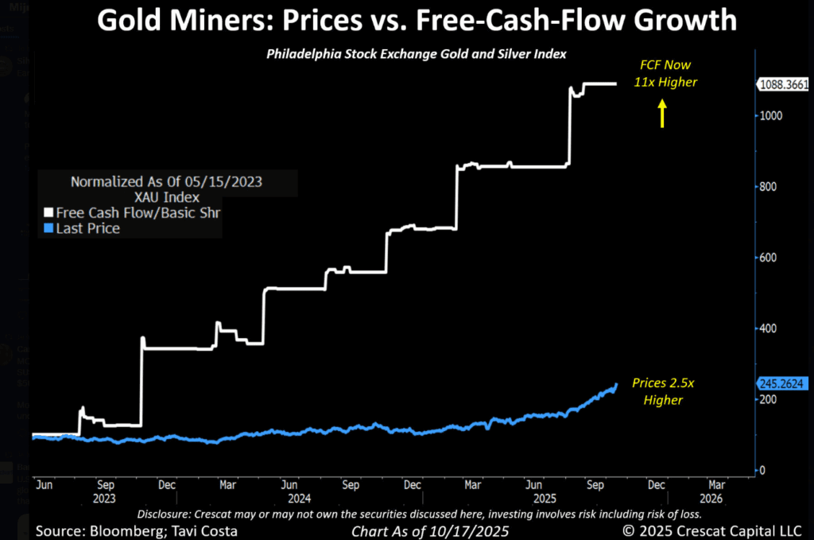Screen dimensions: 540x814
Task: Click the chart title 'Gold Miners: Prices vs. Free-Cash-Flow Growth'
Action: (x=417, y=21)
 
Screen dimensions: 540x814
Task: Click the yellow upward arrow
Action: (x=661, y=116)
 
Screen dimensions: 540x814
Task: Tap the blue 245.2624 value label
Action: (x=781, y=383)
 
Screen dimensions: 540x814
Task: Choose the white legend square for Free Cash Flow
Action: (x=47, y=213)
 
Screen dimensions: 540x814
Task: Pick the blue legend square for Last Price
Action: (x=47, y=229)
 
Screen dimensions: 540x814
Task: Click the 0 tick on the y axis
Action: (x=763, y=470)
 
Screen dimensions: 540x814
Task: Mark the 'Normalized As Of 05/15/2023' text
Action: (x=166, y=181)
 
